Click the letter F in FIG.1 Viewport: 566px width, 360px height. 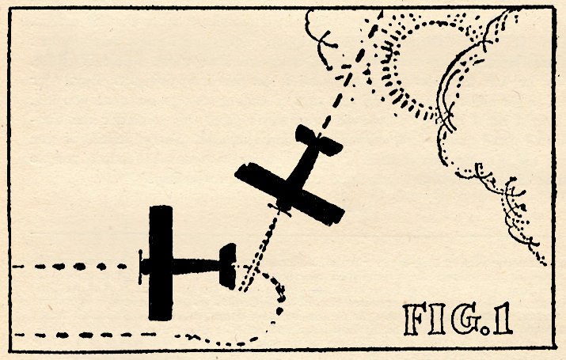pyautogui.click(x=415, y=319)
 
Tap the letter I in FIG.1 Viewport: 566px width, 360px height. pyautogui.click(x=438, y=319)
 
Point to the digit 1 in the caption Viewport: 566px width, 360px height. pyautogui.click(x=503, y=319)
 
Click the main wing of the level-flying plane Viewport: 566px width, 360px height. pyautogui.click(x=161, y=263)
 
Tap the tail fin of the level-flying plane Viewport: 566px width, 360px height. pyautogui.click(x=228, y=266)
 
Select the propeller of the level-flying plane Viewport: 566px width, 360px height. pyautogui.click(x=140, y=267)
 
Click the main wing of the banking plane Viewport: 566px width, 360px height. pyautogui.click(x=290, y=194)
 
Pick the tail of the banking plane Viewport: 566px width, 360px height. pyautogui.click(x=319, y=140)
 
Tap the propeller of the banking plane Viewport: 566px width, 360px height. pyautogui.click(x=279, y=210)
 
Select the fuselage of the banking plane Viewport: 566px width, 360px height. pyautogui.click(x=299, y=172)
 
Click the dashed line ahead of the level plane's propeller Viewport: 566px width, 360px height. pyautogui.click(x=70, y=267)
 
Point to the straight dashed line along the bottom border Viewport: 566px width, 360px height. pyautogui.click(x=85, y=335)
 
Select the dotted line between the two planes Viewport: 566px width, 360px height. pyautogui.click(x=259, y=251)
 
